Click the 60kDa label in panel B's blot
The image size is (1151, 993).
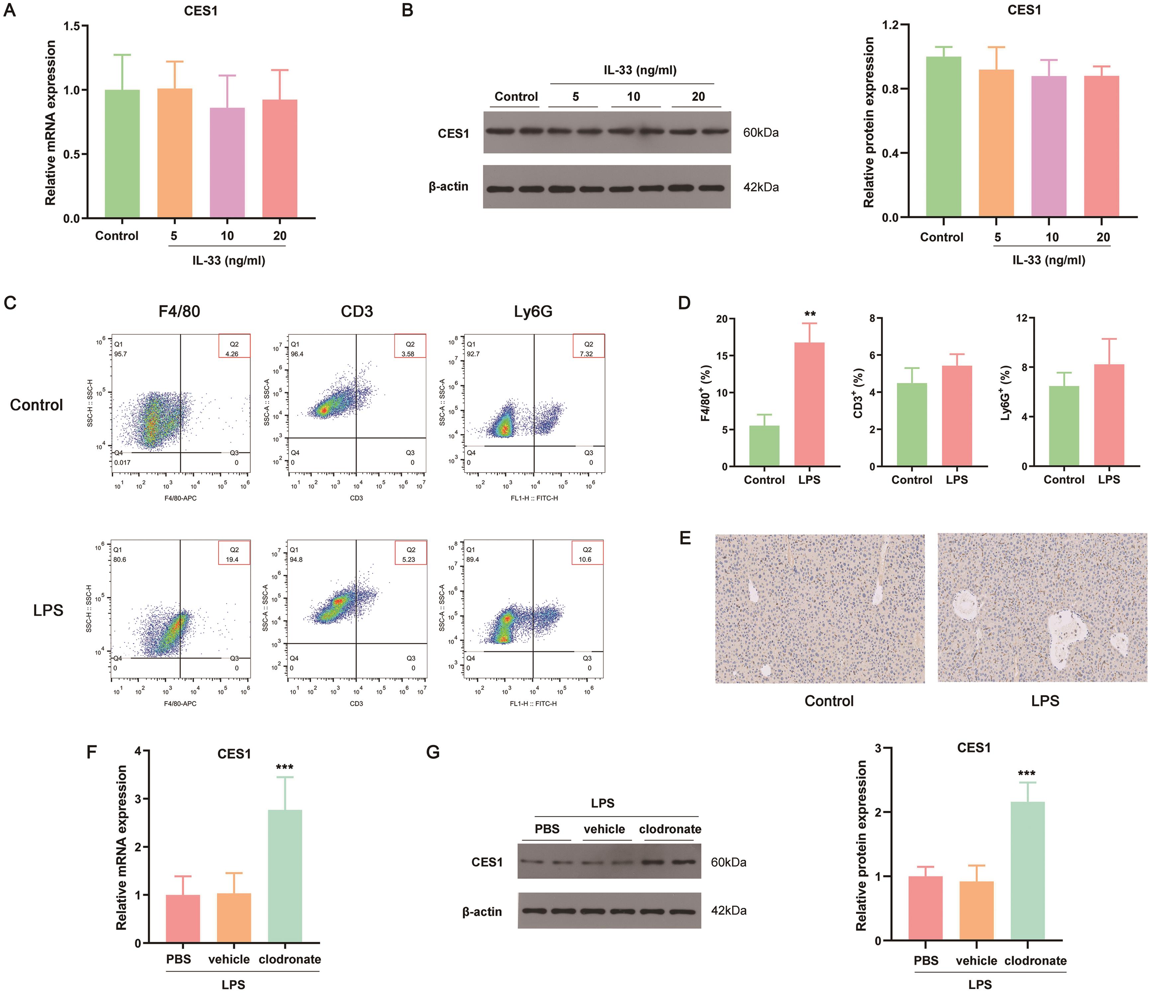click(x=760, y=133)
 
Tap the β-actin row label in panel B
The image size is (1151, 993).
click(x=448, y=187)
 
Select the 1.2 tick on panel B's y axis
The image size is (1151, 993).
click(x=892, y=25)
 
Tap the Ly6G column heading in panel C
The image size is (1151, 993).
click(x=533, y=312)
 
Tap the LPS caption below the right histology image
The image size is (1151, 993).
click(x=1045, y=701)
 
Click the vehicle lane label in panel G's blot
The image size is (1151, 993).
click(x=604, y=829)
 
